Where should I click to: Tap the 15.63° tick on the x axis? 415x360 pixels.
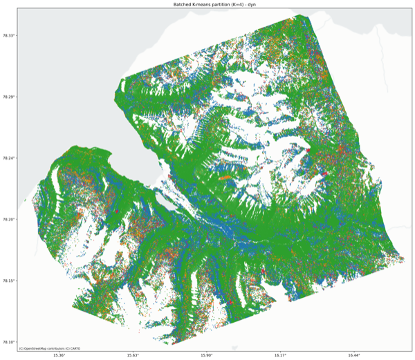(x=132, y=355)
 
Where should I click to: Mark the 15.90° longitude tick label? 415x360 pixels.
(x=206, y=355)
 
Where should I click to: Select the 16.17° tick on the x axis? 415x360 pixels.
(x=280, y=355)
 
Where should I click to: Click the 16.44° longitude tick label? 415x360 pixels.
(x=354, y=355)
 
